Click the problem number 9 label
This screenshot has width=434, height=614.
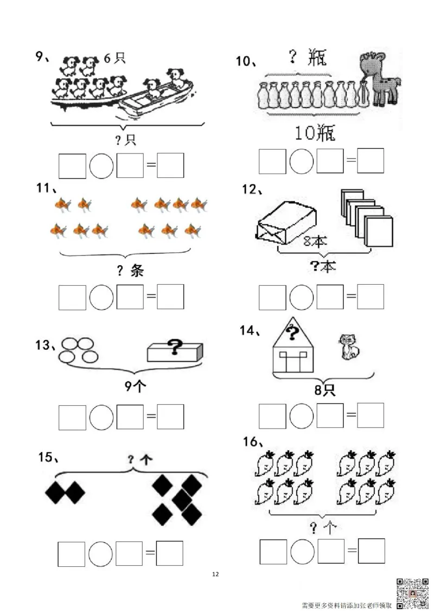pyautogui.click(x=42, y=57)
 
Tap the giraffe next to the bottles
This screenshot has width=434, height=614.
pyautogui.click(x=379, y=80)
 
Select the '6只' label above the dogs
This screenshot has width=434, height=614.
pyautogui.click(x=114, y=59)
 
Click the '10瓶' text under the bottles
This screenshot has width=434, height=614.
pyautogui.click(x=315, y=133)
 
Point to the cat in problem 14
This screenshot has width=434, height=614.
pyautogui.click(x=348, y=346)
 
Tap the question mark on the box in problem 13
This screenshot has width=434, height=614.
pyautogui.click(x=175, y=347)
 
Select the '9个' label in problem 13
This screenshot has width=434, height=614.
pyautogui.click(x=135, y=386)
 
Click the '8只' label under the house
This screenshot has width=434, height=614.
pyautogui.click(x=325, y=390)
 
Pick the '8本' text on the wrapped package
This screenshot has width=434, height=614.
pyautogui.click(x=315, y=241)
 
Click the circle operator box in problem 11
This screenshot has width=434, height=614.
pyautogui.click(x=101, y=297)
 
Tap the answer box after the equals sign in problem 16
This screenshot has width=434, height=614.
pyautogui.click(x=371, y=551)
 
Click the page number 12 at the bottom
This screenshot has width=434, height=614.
pyautogui.click(x=215, y=574)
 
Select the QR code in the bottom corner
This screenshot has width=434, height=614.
pyautogui.click(x=413, y=593)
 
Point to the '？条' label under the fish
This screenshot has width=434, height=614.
pyautogui.click(x=130, y=270)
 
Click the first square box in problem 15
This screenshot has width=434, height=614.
pyautogui.click(x=71, y=554)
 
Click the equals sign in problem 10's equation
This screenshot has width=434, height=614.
pyautogui.click(x=351, y=160)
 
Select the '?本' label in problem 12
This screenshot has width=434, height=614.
pyautogui.click(x=323, y=267)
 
